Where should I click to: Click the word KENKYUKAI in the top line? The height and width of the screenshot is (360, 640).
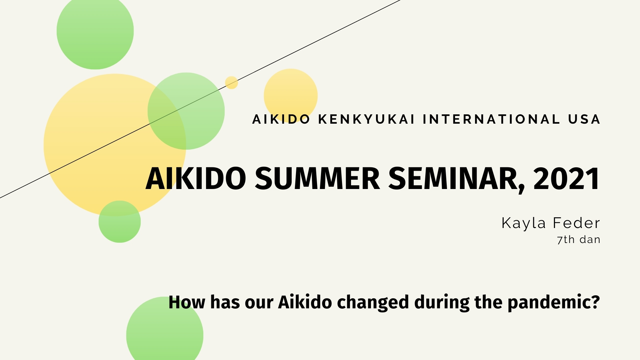pyautogui.click(x=366, y=119)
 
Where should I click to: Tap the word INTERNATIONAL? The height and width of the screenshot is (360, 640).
pyautogui.click(x=492, y=119)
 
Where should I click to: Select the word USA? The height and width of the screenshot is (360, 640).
pyautogui.click(x=584, y=119)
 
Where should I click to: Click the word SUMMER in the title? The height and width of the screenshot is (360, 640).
pyautogui.click(x=317, y=179)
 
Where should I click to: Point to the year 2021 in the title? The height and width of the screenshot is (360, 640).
pyautogui.click(x=566, y=179)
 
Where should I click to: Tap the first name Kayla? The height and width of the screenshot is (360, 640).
pyautogui.click(x=523, y=223)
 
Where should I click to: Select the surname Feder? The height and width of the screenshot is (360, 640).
pyautogui.click(x=576, y=223)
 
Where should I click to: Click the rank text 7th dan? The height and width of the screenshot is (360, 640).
pyautogui.click(x=578, y=240)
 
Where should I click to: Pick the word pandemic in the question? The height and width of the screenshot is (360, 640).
pyautogui.click(x=553, y=302)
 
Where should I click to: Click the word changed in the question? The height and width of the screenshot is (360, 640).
pyautogui.click(x=373, y=302)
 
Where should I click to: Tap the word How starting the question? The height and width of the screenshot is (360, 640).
pyautogui.click(x=187, y=302)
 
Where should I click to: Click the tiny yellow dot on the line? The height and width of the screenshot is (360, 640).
pyautogui.click(x=231, y=83)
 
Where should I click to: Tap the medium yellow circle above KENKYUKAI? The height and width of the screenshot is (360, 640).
pyautogui.click(x=291, y=90)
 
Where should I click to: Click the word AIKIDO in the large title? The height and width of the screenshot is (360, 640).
pyautogui.click(x=196, y=179)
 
